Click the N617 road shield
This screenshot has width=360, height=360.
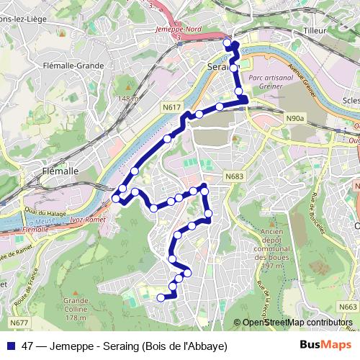[x=171, y=107]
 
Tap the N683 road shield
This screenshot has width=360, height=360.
[x=234, y=176]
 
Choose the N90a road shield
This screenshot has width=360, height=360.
[x=295, y=117]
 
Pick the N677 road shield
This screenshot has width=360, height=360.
[x=19, y=323]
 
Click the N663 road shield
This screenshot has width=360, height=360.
[x=347, y=307]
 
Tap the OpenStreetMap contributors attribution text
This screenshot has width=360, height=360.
[x=297, y=323]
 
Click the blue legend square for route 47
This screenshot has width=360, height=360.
[x=12, y=346]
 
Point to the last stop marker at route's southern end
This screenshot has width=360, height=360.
[x=161, y=296]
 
